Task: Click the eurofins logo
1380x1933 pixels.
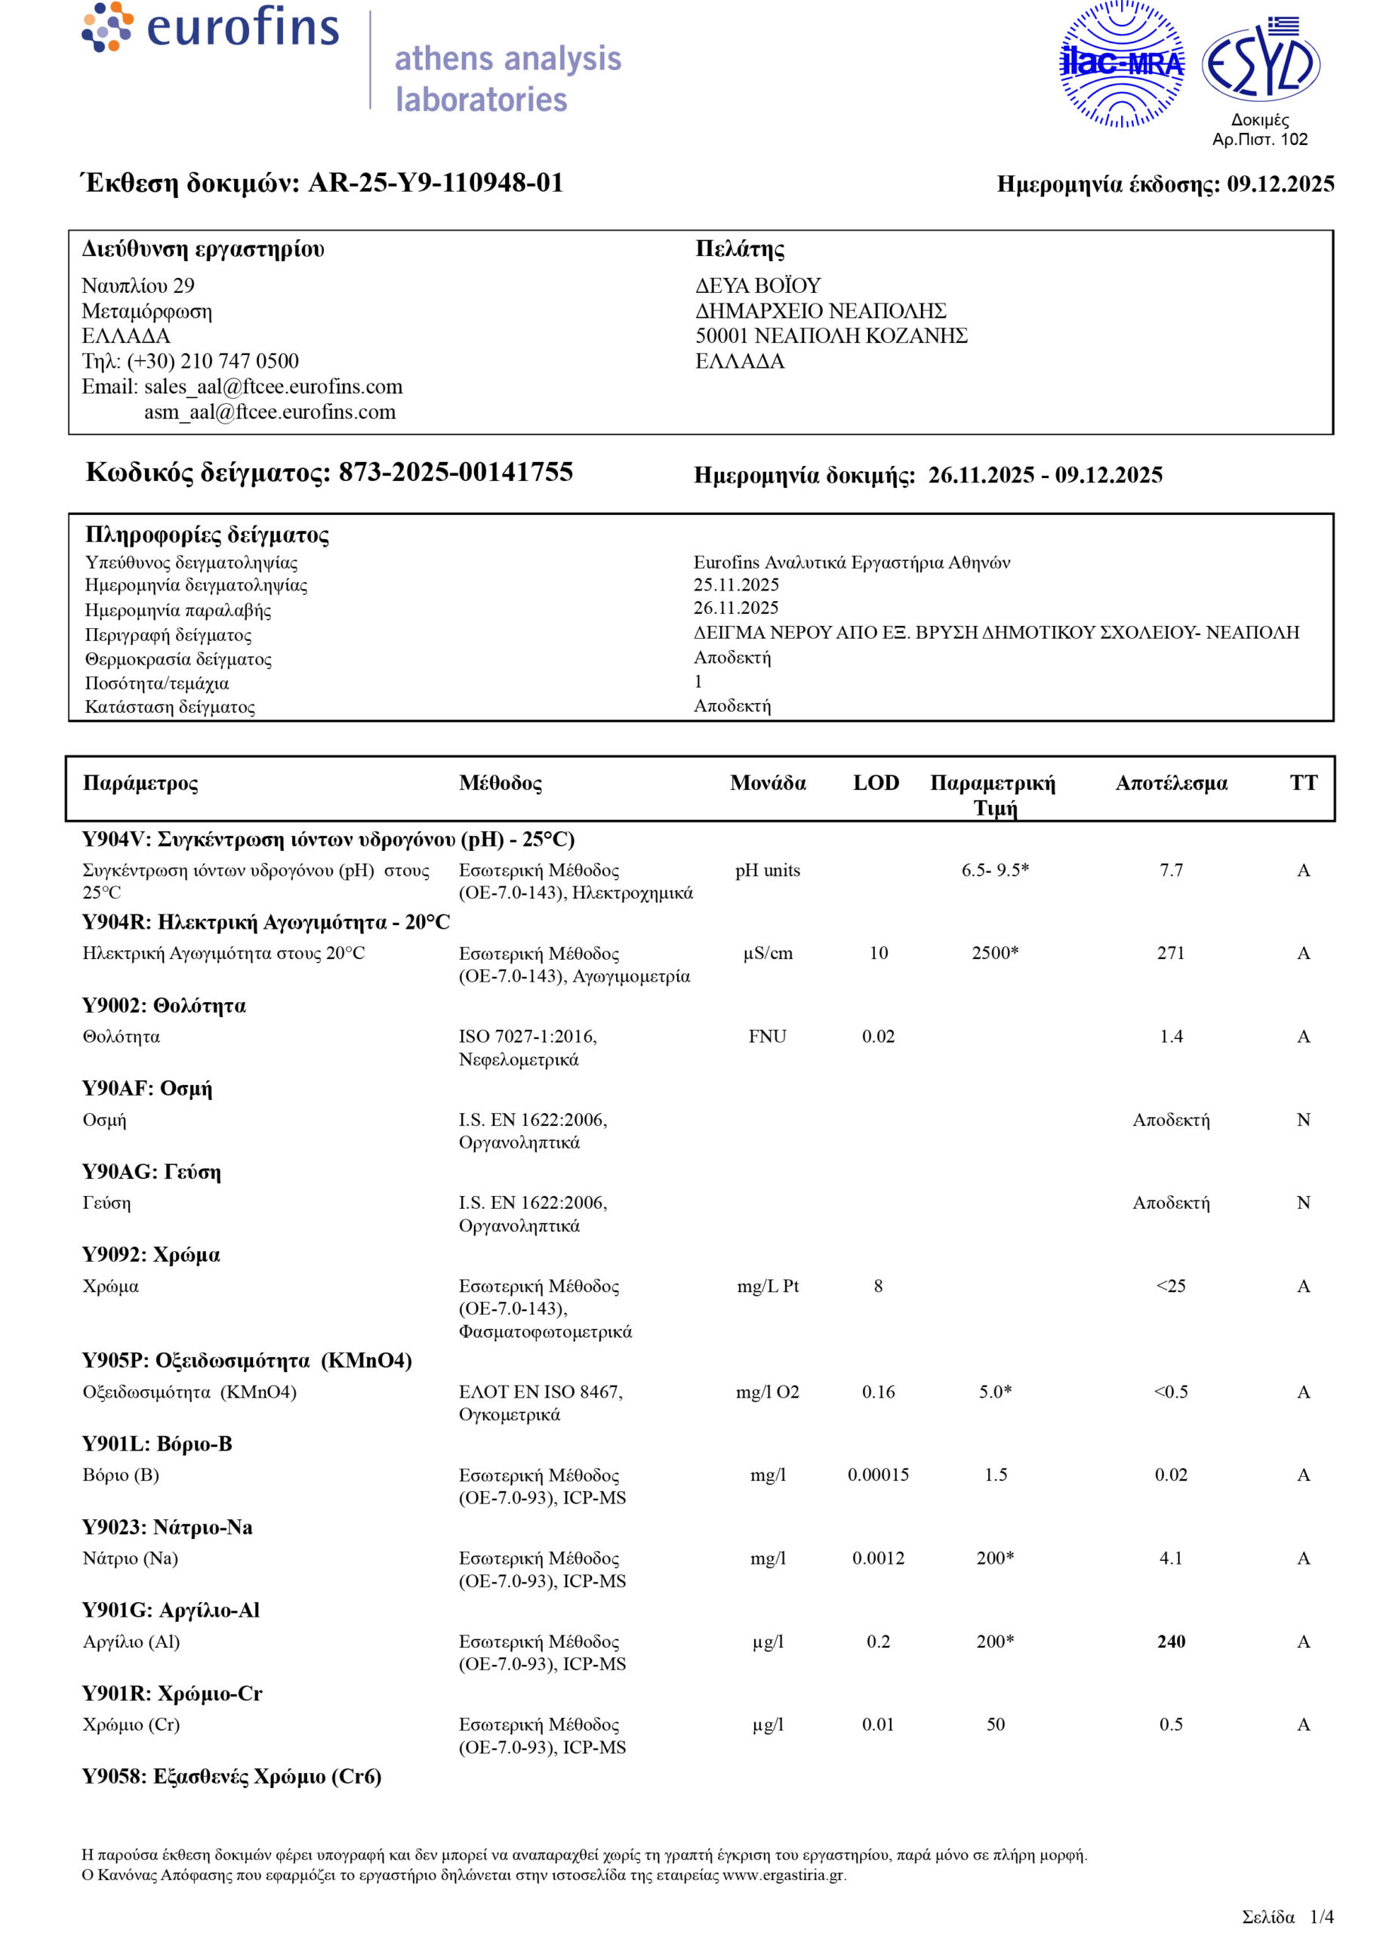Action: point(210,27)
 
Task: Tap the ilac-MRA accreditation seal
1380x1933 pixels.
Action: point(1122,65)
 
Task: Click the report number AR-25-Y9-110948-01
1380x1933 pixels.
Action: point(435,183)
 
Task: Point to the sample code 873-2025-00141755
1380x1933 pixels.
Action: point(455,473)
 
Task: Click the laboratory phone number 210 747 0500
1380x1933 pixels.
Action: point(239,361)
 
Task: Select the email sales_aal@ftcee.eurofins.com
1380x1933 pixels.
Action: point(273,387)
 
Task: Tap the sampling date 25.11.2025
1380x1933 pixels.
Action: point(736,584)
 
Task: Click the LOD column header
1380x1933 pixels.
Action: point(876,782)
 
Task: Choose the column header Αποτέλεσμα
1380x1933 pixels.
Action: point(1171,782)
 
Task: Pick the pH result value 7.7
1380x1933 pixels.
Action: point(1171,870)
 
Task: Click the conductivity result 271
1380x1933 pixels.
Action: point(1171,954)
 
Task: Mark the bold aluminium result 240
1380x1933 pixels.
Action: point(1171,1642)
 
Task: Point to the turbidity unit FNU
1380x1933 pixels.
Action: point(767,1037)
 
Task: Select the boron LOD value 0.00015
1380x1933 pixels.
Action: point(878,1475)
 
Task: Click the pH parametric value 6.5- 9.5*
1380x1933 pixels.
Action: point(995,870)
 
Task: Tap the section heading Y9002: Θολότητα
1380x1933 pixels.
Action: point(164,1006)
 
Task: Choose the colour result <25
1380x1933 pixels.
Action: point(1171,1287)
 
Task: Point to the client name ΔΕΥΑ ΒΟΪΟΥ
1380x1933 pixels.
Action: point(758,285)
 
